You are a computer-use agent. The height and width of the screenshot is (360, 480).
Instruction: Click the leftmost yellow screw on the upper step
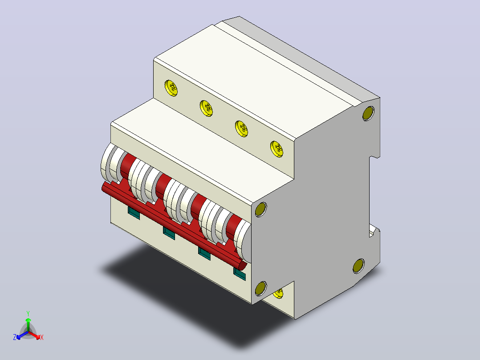tap(171, 88)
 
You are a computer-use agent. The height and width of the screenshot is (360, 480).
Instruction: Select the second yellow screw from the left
tap(206, 108)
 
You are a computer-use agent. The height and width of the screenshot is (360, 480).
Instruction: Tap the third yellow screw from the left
tap(241, 129)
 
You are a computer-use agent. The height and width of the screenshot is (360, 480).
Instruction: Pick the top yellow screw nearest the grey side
tap(277, 149)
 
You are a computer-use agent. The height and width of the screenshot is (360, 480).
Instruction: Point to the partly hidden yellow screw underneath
tap(279, 293)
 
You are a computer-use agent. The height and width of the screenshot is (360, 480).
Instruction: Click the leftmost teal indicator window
tap(134, 213)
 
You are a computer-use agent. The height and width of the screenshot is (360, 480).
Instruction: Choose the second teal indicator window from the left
tap(169, 233)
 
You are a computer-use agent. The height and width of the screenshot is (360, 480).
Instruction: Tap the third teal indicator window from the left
tap(204, 254)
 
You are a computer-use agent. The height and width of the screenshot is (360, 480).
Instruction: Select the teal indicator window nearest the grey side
tap(240, 274)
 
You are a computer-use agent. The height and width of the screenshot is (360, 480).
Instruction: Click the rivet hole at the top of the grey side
tap(369, 113)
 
